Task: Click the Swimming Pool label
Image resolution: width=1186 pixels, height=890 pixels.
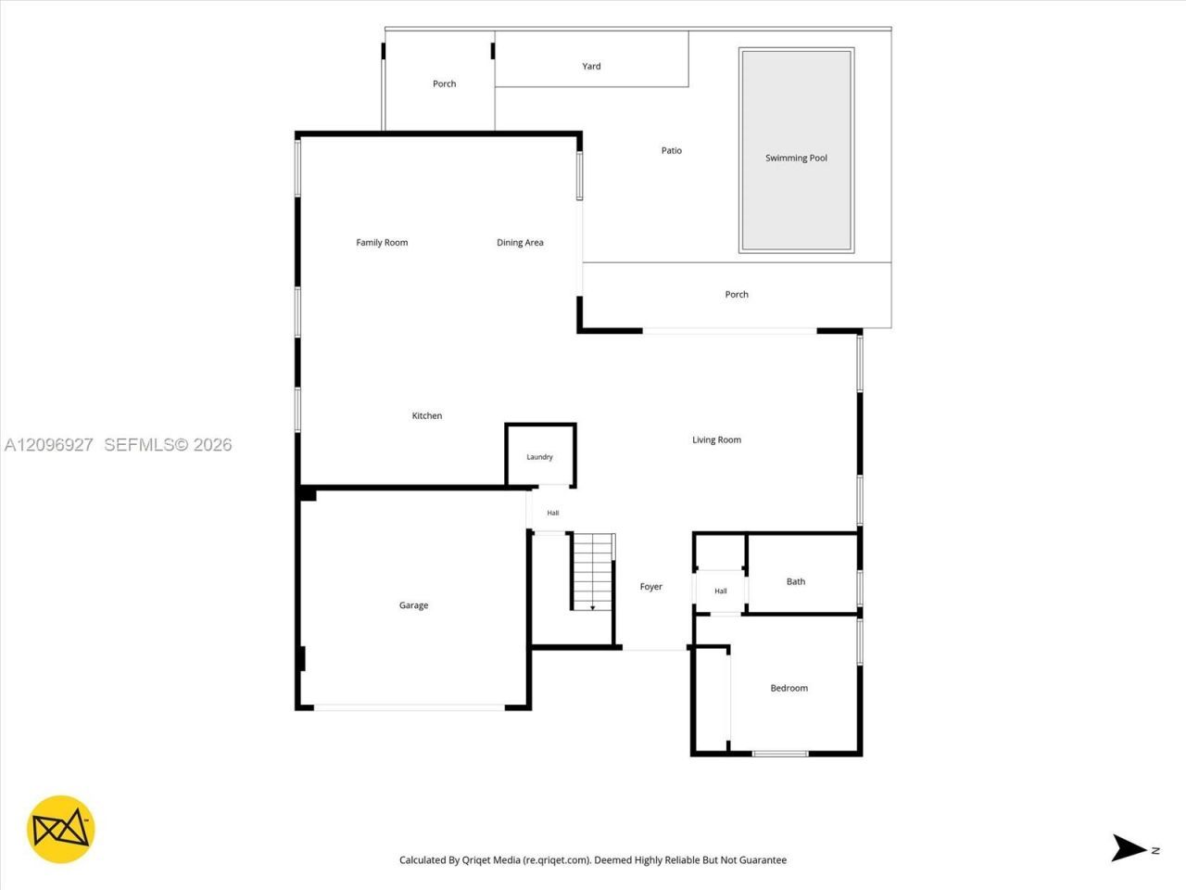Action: pos(796,158)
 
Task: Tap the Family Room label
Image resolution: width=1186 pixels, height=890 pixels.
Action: pos(382,243)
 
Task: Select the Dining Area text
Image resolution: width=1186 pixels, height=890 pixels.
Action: pos(520,243)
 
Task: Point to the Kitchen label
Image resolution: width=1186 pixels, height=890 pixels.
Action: pos(427,415)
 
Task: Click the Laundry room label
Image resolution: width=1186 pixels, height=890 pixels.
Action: pos(539,457)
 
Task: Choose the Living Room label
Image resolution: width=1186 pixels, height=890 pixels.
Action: pos(716,439)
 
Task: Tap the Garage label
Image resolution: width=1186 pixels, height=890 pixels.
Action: pos(413,605)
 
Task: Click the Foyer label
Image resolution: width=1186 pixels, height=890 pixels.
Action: pos(650,586)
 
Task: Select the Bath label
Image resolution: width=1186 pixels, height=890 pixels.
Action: pos(795,581)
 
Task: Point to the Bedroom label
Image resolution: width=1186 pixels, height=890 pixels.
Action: pos(789,688)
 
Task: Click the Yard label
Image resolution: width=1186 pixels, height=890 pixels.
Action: pos(591,66)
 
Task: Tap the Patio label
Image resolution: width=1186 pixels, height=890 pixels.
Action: pos(671,150)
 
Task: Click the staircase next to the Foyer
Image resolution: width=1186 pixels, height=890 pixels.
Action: pos(593,572)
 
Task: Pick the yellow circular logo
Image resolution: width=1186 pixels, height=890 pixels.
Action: pos(60,829)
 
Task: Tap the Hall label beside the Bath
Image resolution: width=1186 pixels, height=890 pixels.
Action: pos(720,591)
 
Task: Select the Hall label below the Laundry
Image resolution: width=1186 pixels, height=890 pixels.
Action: pos(553,513)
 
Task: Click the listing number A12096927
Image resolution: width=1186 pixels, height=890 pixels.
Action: pos(48,445)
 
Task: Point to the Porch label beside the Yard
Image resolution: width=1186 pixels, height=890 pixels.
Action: pos(444,83)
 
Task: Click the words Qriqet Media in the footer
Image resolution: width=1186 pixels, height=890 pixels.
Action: pos(490,859)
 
